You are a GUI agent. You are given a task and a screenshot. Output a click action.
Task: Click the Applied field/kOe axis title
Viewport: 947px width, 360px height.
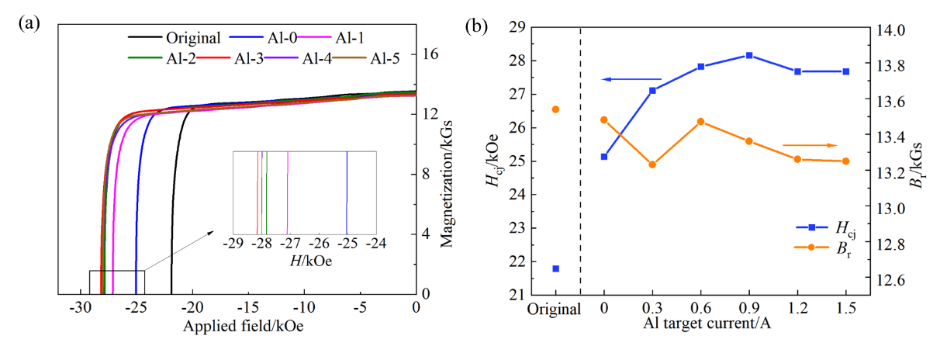pos(243,326)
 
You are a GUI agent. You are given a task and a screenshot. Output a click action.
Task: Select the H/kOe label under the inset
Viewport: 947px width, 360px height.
pos(305,261)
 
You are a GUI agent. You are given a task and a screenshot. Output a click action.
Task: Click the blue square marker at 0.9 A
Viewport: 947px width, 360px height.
pos(749,55)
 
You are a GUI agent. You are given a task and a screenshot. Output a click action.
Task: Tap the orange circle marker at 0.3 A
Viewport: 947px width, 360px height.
pos(652,164)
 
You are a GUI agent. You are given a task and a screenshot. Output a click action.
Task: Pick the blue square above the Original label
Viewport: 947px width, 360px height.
pos(555,268)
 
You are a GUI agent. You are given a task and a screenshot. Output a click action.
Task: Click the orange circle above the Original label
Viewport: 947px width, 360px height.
pos(555,109)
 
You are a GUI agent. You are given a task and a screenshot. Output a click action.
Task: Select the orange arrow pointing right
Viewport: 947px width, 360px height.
pos(810,145)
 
